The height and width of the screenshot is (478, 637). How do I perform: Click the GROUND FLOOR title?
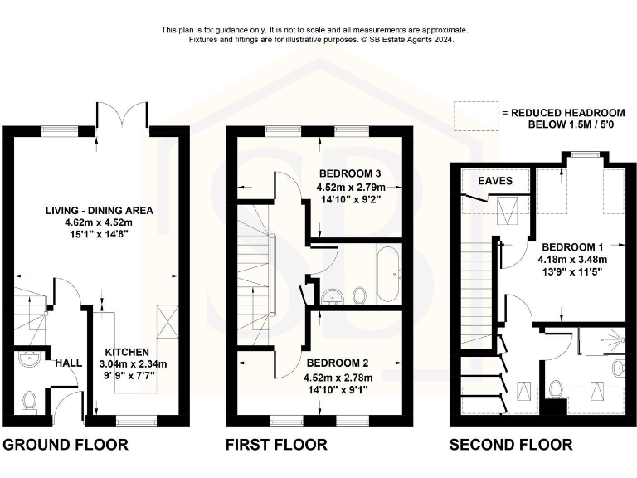66,445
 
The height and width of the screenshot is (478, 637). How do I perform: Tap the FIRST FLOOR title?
276,445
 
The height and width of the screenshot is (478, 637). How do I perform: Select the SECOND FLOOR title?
510,445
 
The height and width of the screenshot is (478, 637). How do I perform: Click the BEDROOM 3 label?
349,173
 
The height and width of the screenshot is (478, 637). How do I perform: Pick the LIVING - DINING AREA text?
99,209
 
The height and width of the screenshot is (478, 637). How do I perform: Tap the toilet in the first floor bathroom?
360,295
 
